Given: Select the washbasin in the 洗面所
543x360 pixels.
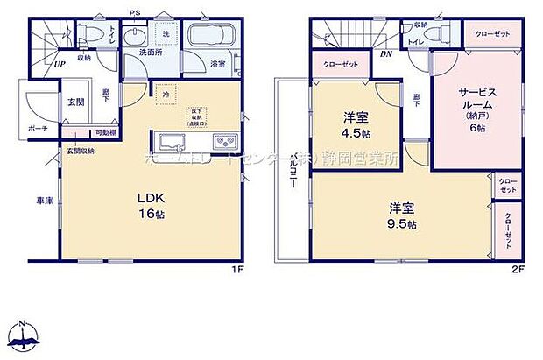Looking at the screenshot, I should pyautogui.click(x=137, y=39).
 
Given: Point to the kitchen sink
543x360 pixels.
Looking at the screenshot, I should pyautogui.click(x=171, y=142).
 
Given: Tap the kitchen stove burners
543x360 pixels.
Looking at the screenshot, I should pyautogui.click(x=222, y=142).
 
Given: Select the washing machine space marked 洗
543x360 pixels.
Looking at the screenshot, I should pyautogui.click(x=166, y=34).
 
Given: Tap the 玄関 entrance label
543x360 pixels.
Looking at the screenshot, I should pyautogui.click(x=75, y=102).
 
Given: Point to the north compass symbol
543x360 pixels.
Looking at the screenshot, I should pyautogui.click(x=24, y=336).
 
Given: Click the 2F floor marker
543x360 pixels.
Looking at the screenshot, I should pyautogui.click(x=518, y=270).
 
